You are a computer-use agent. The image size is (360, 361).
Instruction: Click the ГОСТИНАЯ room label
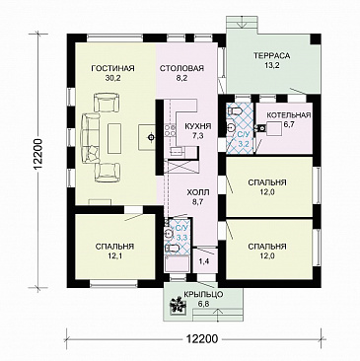pyautogui.click(x=113, y=68)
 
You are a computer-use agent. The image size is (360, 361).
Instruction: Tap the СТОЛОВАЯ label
pyautogui.click(x=181, y=68)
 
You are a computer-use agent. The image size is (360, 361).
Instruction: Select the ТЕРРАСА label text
pyautogui.click(x=272, y=55)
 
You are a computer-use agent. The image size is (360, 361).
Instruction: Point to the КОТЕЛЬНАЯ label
pyautogui.click(x=289, y=115)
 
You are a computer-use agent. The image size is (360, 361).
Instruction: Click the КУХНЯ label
pyautogui.click(x=198, y=127)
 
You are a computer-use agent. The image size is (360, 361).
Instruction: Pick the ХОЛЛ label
pyautogui.click(x=197, y=192)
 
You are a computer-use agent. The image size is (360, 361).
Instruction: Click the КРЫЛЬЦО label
pyautogui.click(x=203, y=294)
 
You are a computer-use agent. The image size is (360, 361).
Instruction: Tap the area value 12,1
pyautogui.click(x=114, y=255)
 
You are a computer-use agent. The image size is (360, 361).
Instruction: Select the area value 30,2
pyautogui.click(x=113, y=78)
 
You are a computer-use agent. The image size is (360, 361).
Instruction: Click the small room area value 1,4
pyautogui.click(x=204, y=261)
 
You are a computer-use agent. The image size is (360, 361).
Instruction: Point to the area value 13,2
pyautogui.click(x=272, y=65)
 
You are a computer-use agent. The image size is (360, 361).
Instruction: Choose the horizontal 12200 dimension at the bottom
pyautogui.click(x=202, y=339)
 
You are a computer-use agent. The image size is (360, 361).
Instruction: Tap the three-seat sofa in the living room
pyautogui.click(x=91, y=137)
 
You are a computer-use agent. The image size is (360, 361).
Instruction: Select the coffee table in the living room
pyautogui.click(x=114, y=137)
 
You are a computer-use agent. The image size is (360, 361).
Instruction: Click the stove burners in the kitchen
pyautogui.click(x=170, y=130)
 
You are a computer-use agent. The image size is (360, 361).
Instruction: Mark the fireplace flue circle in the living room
pyautogui.click(x=151, y=137)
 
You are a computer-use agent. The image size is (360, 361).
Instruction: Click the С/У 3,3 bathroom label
pyautogui.click(x=181, y=233)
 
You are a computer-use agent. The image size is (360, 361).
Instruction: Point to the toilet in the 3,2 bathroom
pyautogui.click(x=234, y=111)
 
